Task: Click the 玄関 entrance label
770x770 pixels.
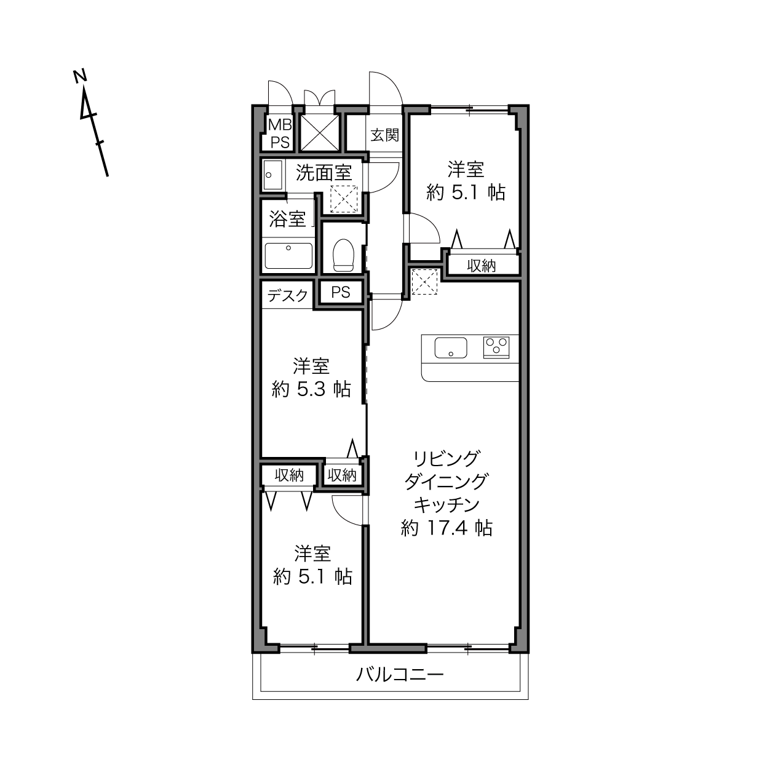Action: (384, 135)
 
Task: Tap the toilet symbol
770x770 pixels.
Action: (343, 255)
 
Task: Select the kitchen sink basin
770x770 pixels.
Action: (451, 347)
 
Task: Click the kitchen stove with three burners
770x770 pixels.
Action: (496, 347)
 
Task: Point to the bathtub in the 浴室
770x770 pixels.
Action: (288, 256)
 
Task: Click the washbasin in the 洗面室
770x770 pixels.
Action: (273, 175)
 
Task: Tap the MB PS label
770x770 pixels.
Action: (280, 133)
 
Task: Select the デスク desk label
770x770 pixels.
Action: (288, 295)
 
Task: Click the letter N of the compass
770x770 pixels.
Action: (81, 76)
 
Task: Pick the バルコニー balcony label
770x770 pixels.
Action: (400, 675)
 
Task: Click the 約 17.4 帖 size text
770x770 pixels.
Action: (447, 528)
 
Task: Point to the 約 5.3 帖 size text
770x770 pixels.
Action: (311, 389)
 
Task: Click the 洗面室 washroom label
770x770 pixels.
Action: (323, 173)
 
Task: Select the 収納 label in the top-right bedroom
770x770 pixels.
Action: (481, 266)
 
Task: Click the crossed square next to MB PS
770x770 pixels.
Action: (319, 133)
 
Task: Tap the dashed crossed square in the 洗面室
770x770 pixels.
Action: (344, 199)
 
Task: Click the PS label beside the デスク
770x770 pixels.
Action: (341, 293)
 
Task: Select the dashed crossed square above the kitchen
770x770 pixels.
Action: (425, 282)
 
